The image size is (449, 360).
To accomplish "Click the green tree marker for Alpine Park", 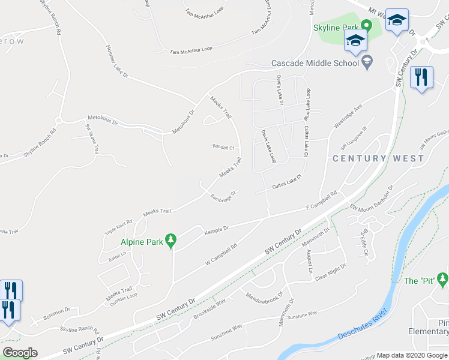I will click(x=171, y=241).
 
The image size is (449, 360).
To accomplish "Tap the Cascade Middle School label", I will click(x=314, y=62).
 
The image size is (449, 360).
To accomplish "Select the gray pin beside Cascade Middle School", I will click(x=366, y=61).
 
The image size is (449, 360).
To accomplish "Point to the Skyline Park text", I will click(x=335, y=28).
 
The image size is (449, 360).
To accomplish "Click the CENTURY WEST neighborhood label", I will click(x=378, y=158).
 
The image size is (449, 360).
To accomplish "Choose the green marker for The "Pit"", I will click(x=442, y=279).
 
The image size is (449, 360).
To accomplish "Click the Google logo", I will click(x=20, y=353).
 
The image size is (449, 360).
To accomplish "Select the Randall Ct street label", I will click(x=222, y=146).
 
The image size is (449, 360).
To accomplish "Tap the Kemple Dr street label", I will click(x=217, y=229).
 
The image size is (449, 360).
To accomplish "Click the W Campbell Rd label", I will click(x=221, y=254).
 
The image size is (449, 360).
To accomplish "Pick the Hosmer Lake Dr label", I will click(x=118, y=61).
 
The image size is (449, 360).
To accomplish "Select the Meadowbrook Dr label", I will click(x=264, y=297).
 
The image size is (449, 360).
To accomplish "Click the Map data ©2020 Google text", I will click(x=411, y=355).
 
